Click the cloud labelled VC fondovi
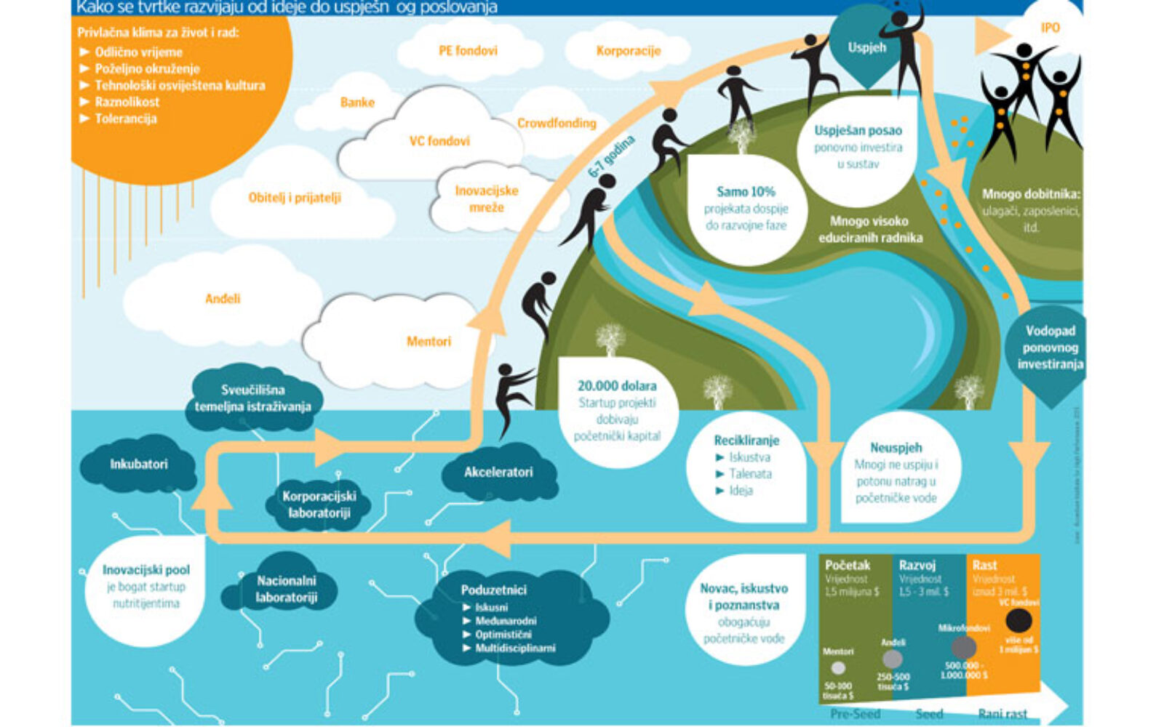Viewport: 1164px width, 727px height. point(439,141)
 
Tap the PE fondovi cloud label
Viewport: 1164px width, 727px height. point(468,51)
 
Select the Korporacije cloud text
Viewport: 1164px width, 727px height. point(628,51)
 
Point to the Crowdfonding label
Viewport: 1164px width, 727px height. point(557,124)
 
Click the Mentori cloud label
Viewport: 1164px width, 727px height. point(428,341)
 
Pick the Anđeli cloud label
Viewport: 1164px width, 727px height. point(223,299)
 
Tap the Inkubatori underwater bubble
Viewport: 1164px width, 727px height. point(139,464)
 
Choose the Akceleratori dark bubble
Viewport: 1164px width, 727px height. point(498,472)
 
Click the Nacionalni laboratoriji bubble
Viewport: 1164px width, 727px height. point(286,589)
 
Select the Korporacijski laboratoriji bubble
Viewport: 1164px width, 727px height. point(319,505)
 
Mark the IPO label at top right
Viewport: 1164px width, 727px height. point(1050,28)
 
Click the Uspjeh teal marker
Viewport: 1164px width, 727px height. point(866,48)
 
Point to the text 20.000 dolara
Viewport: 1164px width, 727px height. point(617,386)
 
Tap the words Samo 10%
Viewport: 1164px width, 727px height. point(746,192)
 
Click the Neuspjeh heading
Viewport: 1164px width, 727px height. point(896,448)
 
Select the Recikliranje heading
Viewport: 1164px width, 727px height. point(746,441)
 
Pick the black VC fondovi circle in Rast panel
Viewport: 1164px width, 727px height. point(1018,621)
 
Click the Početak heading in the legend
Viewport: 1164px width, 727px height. point(848,565)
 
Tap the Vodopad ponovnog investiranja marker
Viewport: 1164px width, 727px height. point(1050,348)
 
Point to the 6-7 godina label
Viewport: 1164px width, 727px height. point(611,156)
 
